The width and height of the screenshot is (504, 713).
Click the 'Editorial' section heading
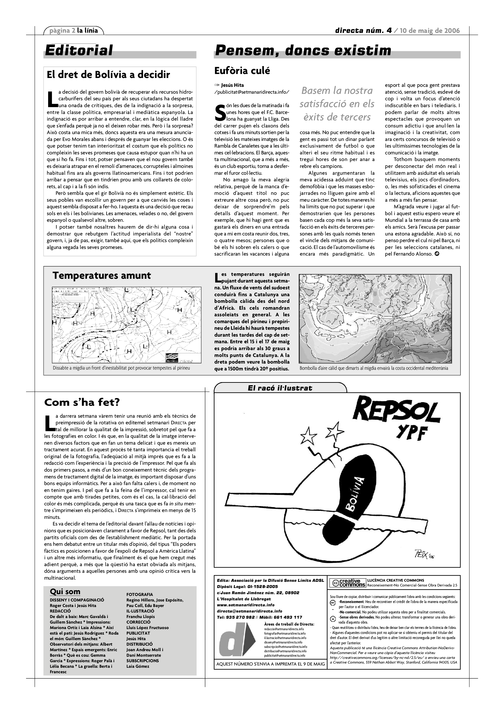tap(79, 50)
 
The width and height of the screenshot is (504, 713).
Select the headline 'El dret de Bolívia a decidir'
tap(108, 75)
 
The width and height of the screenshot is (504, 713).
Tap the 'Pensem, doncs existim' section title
tap(303, 51)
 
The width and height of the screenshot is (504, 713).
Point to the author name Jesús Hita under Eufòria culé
tap(232, 85)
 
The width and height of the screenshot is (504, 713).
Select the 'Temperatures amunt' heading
tap(102, 275)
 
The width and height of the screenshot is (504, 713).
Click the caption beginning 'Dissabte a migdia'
tap(121, 368)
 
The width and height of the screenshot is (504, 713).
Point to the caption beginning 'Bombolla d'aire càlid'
tap(374, 368)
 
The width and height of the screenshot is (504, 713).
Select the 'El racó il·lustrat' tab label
tap(280, 388)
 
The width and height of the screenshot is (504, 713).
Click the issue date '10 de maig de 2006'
tap(430, 30)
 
